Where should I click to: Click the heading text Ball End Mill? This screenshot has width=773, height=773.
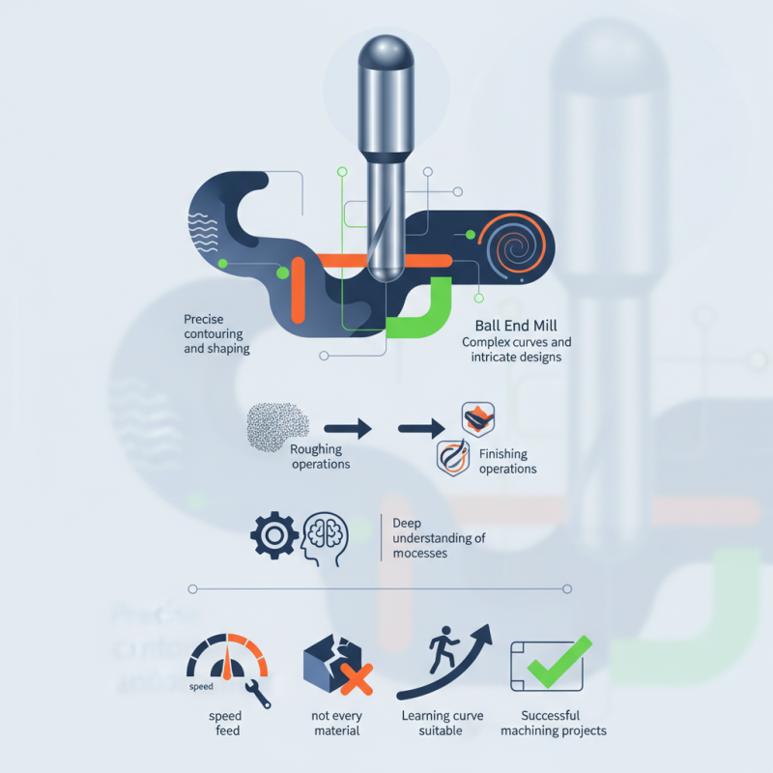point(516,326)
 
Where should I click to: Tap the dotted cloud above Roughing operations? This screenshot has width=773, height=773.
point(276,425)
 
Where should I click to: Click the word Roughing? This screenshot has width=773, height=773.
point(316,450)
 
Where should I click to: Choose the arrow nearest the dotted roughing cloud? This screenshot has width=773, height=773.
point(348,426)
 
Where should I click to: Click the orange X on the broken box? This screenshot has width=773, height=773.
point(357,679)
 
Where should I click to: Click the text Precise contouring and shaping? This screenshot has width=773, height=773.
point(216,333)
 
